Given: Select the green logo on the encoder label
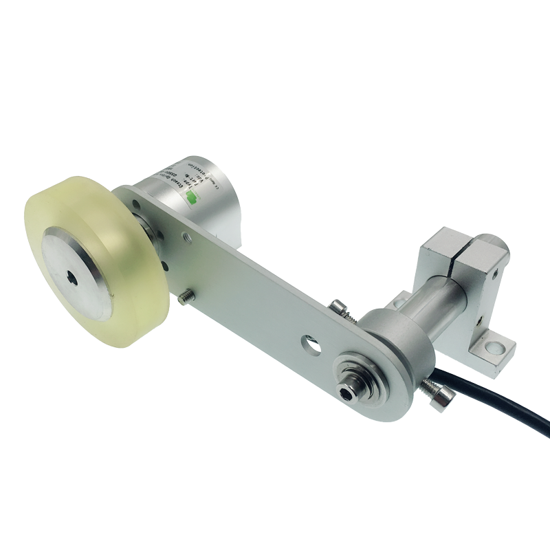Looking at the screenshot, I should point(194,196).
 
